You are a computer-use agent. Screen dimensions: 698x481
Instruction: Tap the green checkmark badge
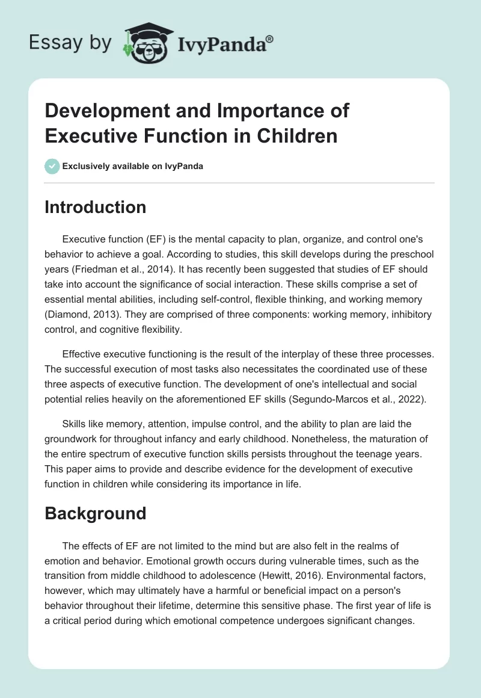[x=52, y=166]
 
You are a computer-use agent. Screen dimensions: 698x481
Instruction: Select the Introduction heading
[x=96, y=207]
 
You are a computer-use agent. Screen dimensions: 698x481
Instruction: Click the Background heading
[x=96, y=513]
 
